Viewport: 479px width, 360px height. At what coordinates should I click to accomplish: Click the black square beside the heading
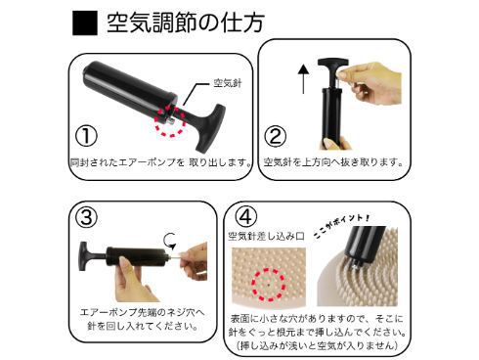(x=85, y=22)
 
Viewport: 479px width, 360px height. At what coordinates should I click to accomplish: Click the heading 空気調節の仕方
(x=185, y=22)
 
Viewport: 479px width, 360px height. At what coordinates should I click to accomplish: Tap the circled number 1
(x=86, y=136)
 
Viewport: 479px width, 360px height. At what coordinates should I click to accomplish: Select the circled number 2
(x=276, y=136)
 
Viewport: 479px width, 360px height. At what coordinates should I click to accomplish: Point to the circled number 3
(x=86, y=217)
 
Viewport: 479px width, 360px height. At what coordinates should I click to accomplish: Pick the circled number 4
(x=246, y=217)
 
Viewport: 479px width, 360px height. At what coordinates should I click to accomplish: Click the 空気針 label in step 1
(x=228, y=83)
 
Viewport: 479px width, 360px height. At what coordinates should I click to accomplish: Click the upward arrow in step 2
(x=303, y=79)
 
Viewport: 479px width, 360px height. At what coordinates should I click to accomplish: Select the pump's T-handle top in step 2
(x=333, y=63)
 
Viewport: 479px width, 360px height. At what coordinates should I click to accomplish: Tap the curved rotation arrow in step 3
(x=170, y=242)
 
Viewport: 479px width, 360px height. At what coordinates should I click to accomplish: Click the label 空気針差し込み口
(x=266, y=236)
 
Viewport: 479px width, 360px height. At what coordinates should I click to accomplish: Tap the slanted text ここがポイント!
(x=341, y=226)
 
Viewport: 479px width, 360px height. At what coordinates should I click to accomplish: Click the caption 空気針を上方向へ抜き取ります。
(x=333, y=162)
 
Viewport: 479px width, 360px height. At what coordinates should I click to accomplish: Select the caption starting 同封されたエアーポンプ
(x=161, y=162)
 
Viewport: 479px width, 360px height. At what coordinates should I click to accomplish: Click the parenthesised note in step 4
(x=318, y=345)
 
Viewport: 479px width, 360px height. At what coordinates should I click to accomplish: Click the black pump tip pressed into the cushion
(x=362, y=247)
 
